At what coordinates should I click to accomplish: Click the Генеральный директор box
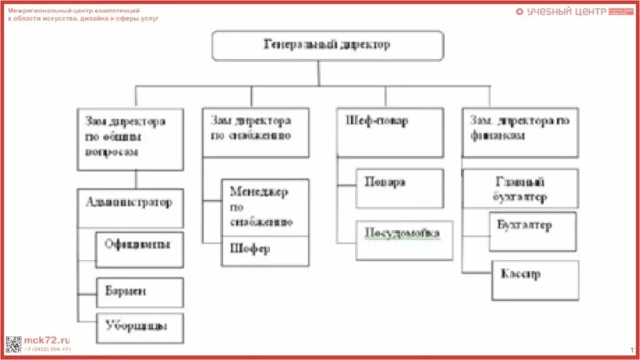[x=327, y=46]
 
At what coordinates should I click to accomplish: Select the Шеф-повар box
[x=390, y=131]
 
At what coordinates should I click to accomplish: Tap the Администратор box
[x=130, y=208]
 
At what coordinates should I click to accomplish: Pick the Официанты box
[x=139, y=249]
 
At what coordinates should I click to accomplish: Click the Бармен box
[x=139, y=292]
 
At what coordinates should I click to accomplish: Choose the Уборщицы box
[x=139, y=327]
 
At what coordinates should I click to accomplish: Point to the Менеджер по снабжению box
[x=265, y=207]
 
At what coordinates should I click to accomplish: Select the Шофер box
[x=265, y=251]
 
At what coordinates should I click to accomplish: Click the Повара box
[x=399, y=187]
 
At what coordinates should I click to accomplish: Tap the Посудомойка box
[x=404, y=239]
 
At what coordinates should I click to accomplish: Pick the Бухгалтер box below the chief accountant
[x=532, y=231]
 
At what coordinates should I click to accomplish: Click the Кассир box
[x=535, y=280]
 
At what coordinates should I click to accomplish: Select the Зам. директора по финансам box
[x=520, y=131]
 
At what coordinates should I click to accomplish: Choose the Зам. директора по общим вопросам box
[x=130, y=139]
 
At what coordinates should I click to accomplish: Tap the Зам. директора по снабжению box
[x=256, y=131]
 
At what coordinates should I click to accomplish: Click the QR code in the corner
[x=13, y=344]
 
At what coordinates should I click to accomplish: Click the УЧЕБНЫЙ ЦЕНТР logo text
[x=566, y=11]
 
